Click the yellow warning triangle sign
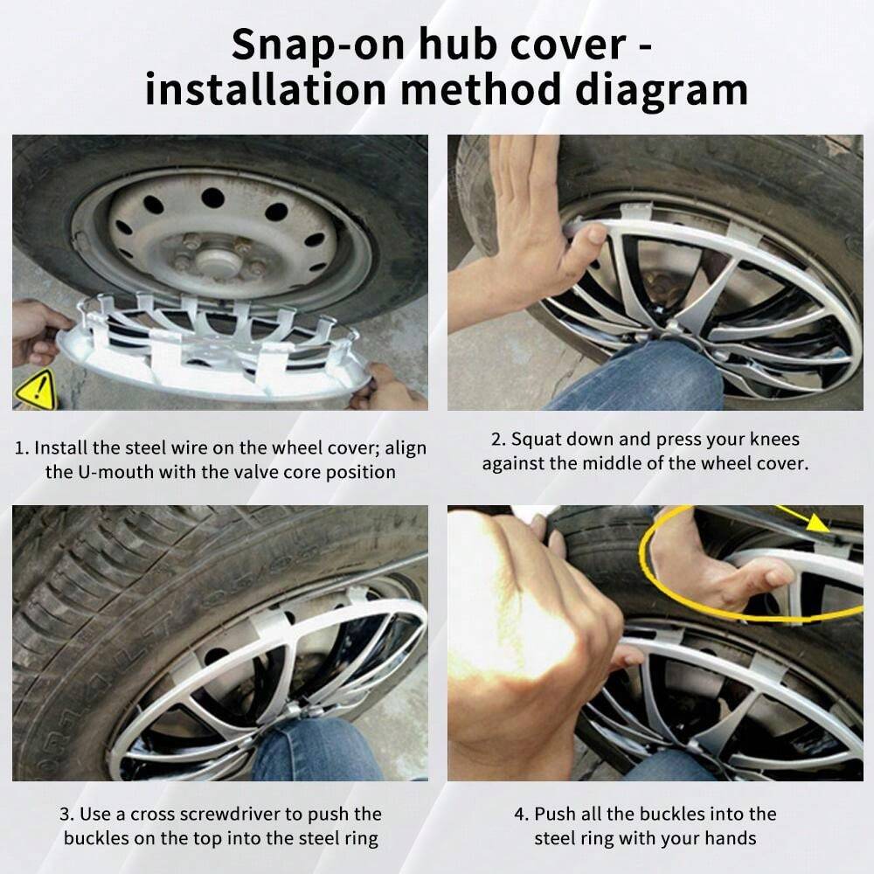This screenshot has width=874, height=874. click(35, 389)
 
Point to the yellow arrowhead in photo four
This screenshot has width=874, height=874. click(816, 523)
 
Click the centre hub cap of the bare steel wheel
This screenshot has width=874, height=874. click(215, 259)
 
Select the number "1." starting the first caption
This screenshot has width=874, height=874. click(22, 447)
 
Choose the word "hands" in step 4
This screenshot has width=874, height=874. click(730, 838)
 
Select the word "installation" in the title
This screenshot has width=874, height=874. click(266, 90)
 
